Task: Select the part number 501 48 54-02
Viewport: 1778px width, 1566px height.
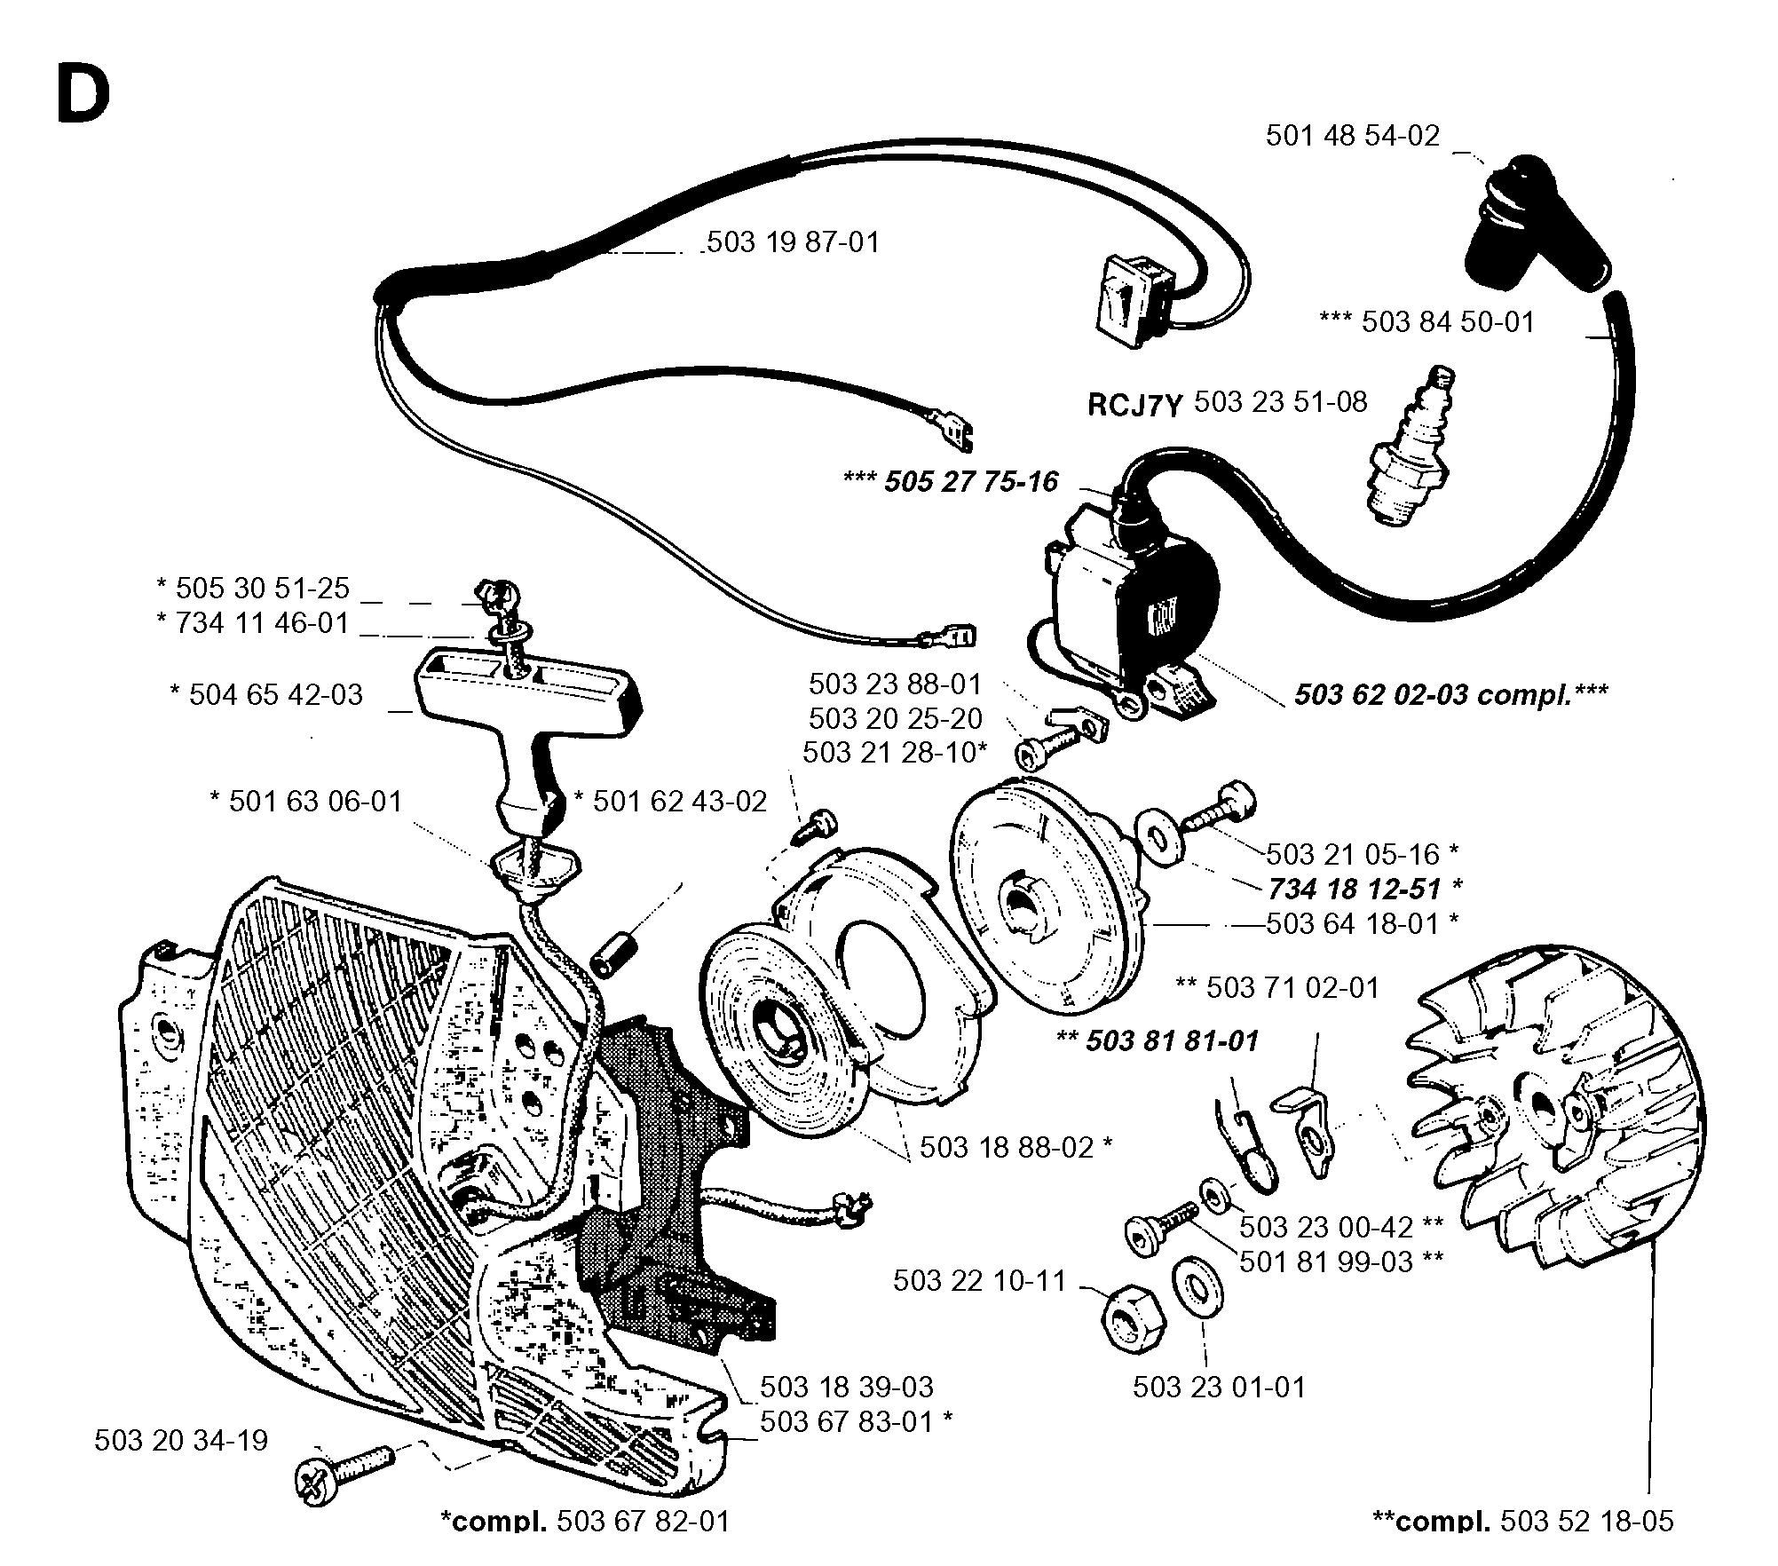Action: pyautogui.click(x=1353, y=136)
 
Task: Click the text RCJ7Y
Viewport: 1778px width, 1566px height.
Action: pyautogui.click(x=1136, y=406)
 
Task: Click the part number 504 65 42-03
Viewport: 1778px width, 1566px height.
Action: pyautogui.click(x=276, y=694)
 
